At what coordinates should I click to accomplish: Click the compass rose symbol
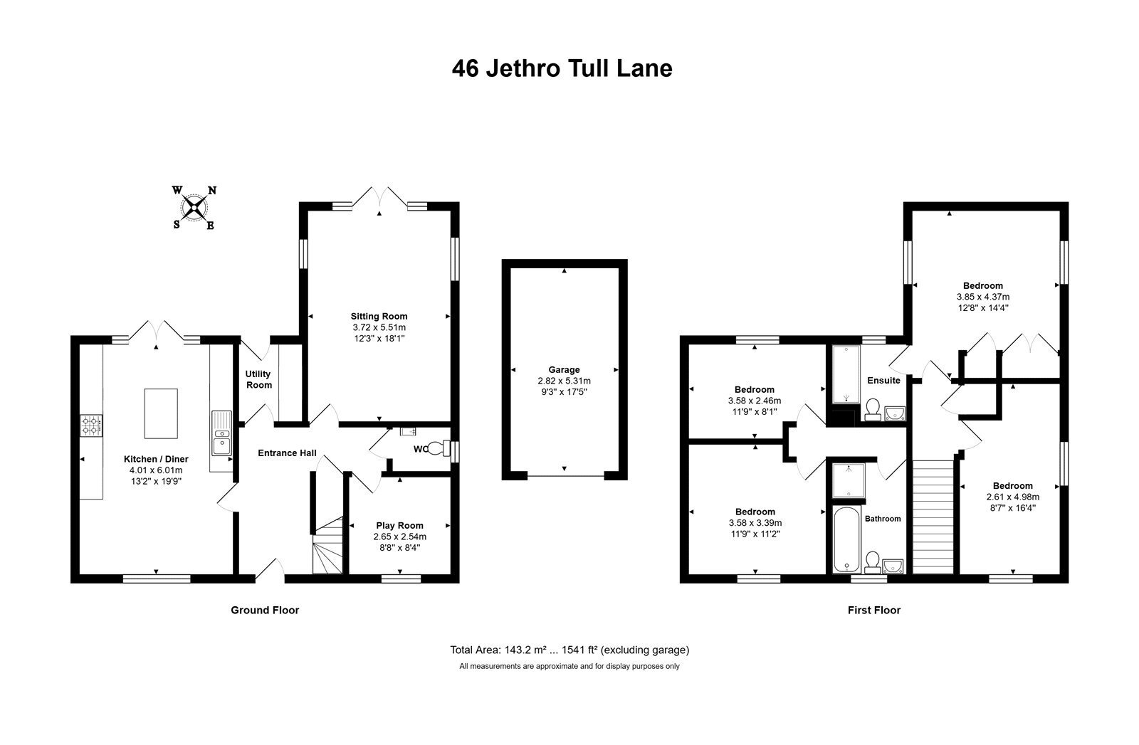[x=194, y=207]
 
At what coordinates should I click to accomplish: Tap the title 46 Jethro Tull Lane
[x=562, y=68]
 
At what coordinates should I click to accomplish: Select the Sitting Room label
[x=379, y=316]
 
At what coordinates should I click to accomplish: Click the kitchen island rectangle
[x=161, y=413]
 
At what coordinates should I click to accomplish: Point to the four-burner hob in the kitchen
[x=91, y=426]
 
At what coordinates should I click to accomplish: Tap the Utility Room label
[x=258, y=379]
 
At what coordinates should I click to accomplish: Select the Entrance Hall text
[x=287, y=453]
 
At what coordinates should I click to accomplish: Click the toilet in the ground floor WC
[x=439, y=448]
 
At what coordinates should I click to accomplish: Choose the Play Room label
[x=399, y=525]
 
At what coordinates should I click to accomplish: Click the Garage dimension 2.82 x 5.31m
[x=564, y=381]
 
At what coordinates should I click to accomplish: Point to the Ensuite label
[x=883, y=380]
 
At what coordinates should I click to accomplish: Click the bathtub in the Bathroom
[x=846, y=539]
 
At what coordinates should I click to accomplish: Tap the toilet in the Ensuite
[x=873, y=409]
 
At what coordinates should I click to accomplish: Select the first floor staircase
[x=933, y=517]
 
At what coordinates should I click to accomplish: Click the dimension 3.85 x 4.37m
[x=983, y=297]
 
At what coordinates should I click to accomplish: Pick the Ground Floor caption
[x=265, y=610]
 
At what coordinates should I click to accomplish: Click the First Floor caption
[x=874, y=610]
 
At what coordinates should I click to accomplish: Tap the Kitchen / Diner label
[x=156, y=459]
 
